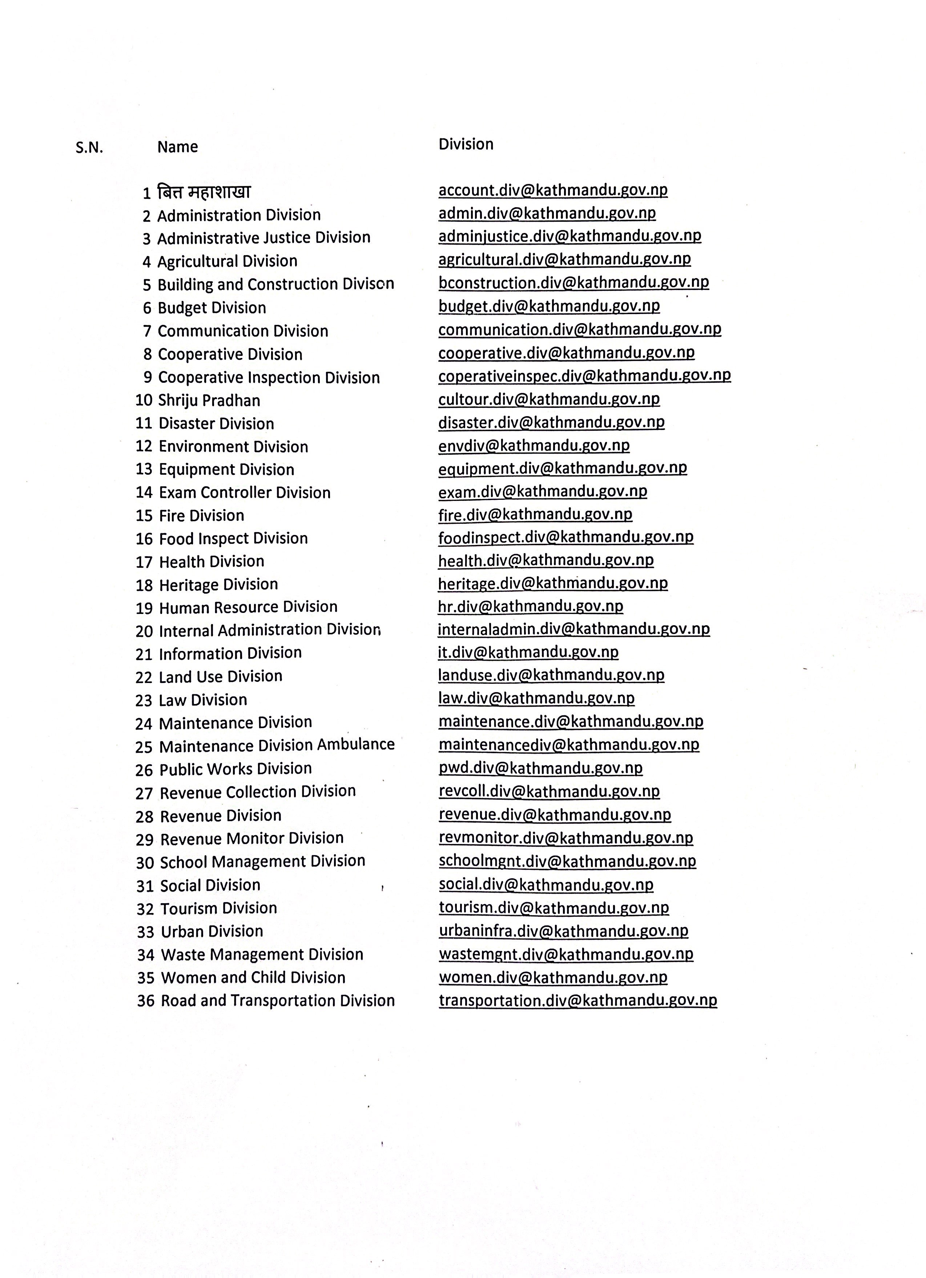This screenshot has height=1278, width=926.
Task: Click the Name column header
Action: pos(177,147)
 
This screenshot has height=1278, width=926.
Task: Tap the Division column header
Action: pos(466,144)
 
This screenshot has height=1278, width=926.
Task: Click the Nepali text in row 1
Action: pos(204,192)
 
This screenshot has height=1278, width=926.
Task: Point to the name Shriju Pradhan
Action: pos(209,401)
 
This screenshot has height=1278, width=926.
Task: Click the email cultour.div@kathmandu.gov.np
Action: pos(549,399)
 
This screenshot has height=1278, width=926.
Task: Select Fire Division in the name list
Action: pos(202,515)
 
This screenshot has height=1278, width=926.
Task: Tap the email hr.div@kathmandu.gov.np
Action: pos(531,606)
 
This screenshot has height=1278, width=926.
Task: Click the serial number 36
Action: pos(145,1001)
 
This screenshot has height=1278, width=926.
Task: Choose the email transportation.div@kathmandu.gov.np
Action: pos(577,1000)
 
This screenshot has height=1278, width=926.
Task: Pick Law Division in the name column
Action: pos(203,700)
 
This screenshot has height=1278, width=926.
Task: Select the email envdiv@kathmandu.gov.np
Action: pos(534,446)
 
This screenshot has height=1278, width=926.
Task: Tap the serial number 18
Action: pos(144,586)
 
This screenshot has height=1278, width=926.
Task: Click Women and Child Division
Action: pos(253,978)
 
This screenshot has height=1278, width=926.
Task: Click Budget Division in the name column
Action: pos(212,308)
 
